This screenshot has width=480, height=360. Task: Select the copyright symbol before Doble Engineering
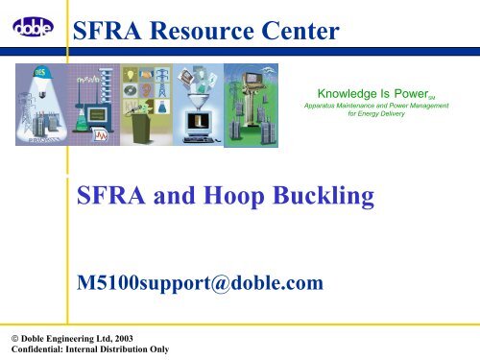pos(7,339)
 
